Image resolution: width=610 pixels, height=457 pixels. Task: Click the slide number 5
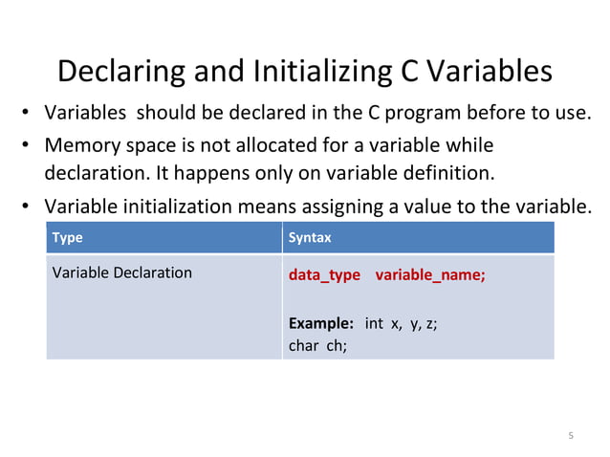click(x=571, y=436)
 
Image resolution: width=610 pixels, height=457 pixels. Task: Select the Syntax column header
click(x=310, y=237)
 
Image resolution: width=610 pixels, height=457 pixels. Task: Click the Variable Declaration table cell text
click(x=122, y=272)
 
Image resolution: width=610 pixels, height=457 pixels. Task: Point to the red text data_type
click(x=324, y=275)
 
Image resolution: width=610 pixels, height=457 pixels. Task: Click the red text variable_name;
click(x=430, y=275)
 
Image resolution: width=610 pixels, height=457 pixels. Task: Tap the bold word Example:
click(x=321, y=323)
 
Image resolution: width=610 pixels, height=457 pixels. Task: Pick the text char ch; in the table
click(x=316, y=346)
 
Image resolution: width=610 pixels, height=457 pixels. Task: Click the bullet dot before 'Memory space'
click(x=29, y=145)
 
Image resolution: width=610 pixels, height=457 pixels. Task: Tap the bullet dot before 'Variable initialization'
click(x=29, y=207)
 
